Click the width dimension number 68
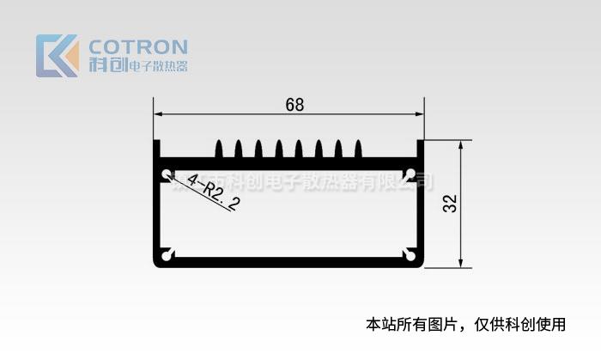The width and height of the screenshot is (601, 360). click(x=294, y=105)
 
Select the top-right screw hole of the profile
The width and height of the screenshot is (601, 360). click(x=410, y=174)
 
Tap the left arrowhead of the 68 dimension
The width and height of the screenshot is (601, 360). click(x=160, y=115)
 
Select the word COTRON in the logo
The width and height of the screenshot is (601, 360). click(x=138, y=46)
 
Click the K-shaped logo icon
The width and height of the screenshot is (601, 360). click(x=57, y=55)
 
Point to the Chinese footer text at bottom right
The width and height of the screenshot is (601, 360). click(x=466, y=324)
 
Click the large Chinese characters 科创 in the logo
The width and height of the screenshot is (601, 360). click(x=106, y=65)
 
